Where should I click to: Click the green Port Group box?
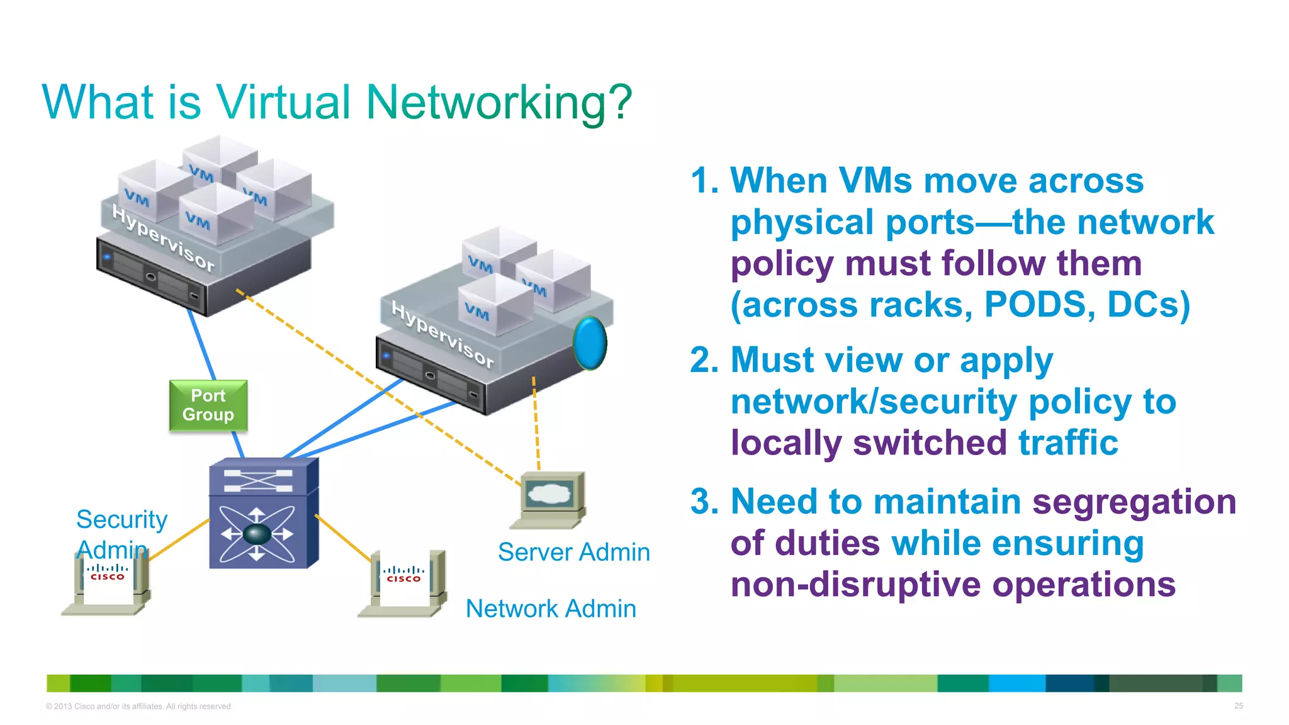208,405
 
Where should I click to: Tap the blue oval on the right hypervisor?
590,342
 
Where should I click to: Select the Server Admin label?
573,552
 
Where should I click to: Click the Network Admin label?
551,609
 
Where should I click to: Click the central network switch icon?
263,513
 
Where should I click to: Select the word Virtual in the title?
283,102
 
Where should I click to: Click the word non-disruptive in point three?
856,585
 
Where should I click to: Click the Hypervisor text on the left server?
163,238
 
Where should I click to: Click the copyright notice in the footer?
139,706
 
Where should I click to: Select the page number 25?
1238,705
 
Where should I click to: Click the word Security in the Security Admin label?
121,519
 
